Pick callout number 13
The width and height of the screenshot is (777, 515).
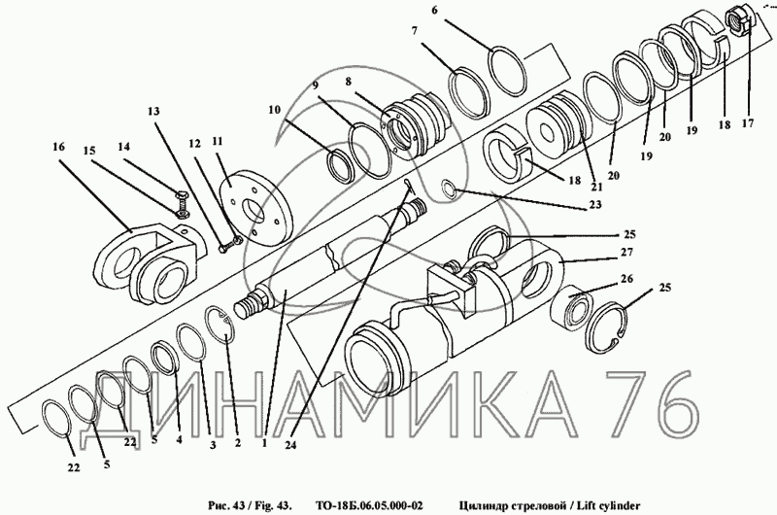click(152, 111)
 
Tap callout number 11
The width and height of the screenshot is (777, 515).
click(218, 142)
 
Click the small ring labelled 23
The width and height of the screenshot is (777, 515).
click(450, 188)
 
